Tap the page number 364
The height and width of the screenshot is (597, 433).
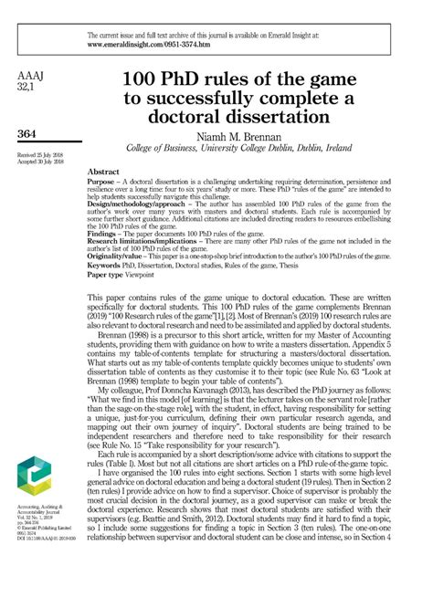(28, 135)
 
